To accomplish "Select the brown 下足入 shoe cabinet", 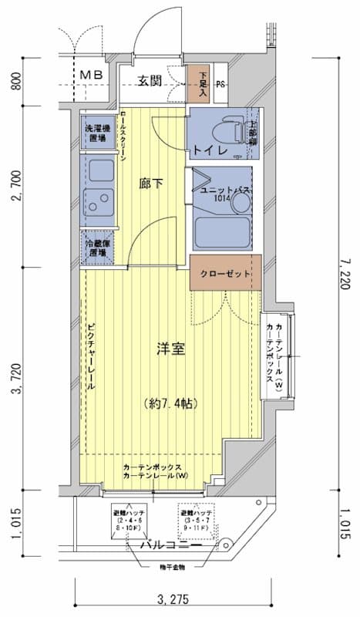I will [x=198, y=83].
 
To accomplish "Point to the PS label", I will [x=220, y=85].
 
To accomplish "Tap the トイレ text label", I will [x=210, y=150].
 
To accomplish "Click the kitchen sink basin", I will [x=98, y=202].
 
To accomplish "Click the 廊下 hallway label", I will [x=151, y=184].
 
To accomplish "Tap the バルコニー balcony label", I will [x=171, y=545].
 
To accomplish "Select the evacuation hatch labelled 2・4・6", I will [x=130, y=522].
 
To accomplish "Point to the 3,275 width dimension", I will [x=173, y=599].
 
